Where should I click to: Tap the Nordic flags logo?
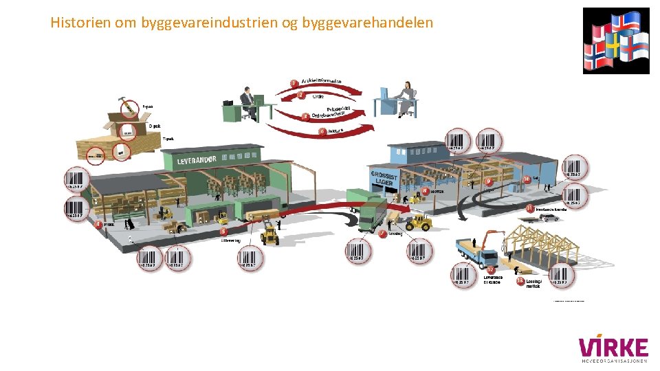point(615,41)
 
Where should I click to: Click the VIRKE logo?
point(613,349)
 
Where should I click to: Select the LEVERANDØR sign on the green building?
point(197,160)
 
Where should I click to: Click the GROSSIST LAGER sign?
point(382,178)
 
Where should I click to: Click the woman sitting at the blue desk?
point(406,98)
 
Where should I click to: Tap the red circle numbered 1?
point(294,83)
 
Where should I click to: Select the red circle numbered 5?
point(223,232)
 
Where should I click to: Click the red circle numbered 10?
point(527,179)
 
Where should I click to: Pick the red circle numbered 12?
point(491,269)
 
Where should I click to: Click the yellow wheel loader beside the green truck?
point(418,222)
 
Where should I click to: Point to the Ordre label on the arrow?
point(318,97)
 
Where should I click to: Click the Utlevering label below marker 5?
point(230,240)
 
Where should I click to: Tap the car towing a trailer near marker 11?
point(548,218)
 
